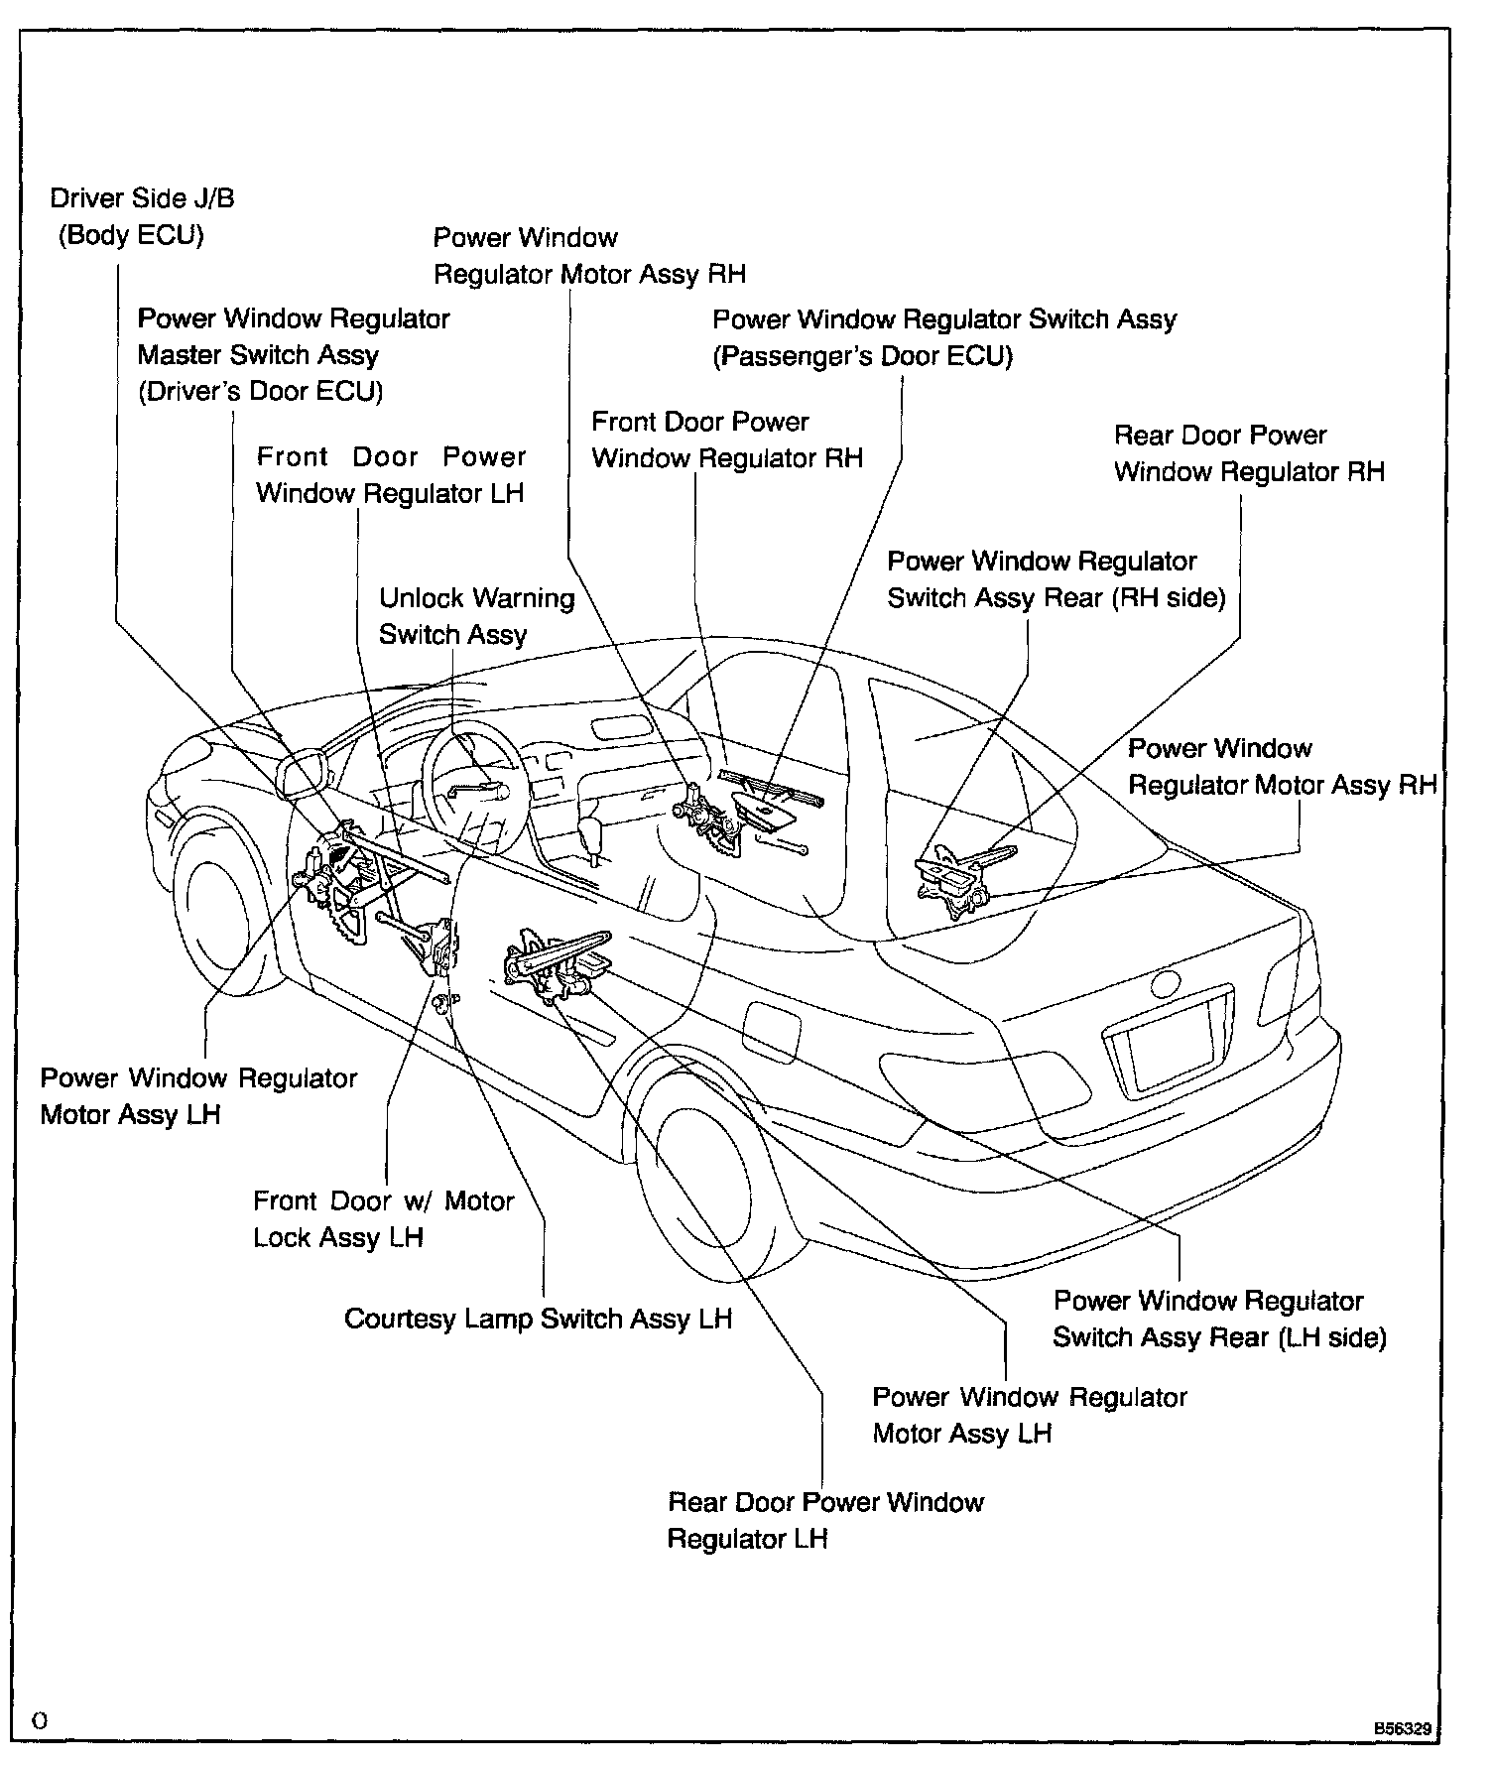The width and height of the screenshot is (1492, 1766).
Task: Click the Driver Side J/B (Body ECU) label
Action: [x=142, y=217]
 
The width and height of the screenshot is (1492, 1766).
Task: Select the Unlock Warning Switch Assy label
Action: [x=476, y=616]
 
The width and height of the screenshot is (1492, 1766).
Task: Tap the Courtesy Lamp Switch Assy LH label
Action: [x=538, y=1319]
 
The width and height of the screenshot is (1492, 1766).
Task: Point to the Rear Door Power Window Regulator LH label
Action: [x=825, y=1520]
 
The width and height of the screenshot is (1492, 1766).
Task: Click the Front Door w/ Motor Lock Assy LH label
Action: [x=383, y=1219]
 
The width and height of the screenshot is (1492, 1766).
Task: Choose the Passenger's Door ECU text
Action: [x=862, y=356]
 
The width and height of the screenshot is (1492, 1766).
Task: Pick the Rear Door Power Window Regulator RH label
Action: [x=1249, y=453]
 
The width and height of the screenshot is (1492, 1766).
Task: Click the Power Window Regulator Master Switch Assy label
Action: [x=294, y=354]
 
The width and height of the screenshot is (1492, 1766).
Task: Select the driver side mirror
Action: [x=304, y=774]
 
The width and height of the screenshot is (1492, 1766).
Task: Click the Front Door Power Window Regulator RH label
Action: [x=727, y=440]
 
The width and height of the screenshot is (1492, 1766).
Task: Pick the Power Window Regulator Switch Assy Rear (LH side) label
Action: [x=1219, y=1319]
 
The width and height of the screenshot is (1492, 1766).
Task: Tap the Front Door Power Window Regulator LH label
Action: [x=390, y=475]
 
